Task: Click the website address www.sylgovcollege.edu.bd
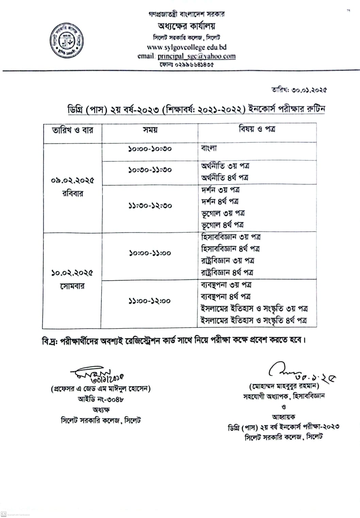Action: point(186,47)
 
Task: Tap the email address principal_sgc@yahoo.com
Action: point(196,56)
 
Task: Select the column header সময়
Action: point(150,130)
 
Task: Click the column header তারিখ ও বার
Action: point(72,130)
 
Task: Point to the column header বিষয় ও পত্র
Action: point(257,129)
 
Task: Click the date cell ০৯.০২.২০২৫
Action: point(72,180)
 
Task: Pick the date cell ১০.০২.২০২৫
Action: point(72,273)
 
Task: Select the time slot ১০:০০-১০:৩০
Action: point(150,149)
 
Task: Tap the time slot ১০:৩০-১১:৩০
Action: point(150,169)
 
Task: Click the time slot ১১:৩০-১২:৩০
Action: point(150,206)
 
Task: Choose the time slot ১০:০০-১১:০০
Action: point(150,253)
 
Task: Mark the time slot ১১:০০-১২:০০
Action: point(150,301)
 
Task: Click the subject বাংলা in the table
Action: point(209,148)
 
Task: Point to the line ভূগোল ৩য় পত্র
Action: point(223,213)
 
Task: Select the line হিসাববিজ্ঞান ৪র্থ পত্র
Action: point(230,249)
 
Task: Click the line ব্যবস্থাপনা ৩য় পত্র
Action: point(226,285)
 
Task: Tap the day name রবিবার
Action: point(72,194)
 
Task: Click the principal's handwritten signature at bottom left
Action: point(96,373)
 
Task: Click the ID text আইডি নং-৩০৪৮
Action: point(101,399)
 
